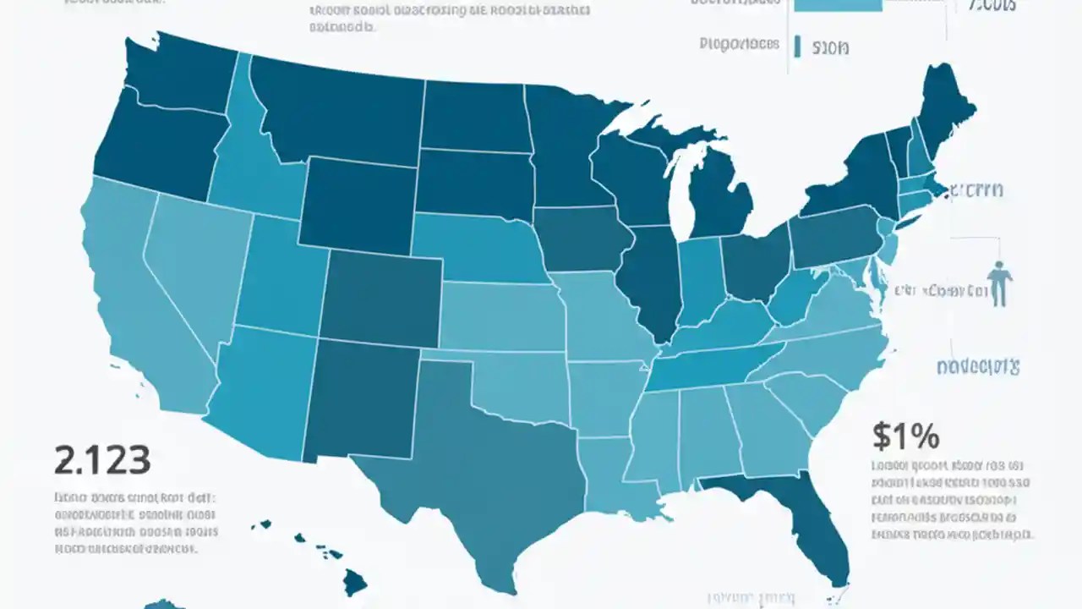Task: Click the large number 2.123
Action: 102,461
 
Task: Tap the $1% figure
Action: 905,436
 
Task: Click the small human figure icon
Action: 1000,283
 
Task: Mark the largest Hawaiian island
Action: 355,581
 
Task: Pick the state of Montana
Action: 338,110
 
